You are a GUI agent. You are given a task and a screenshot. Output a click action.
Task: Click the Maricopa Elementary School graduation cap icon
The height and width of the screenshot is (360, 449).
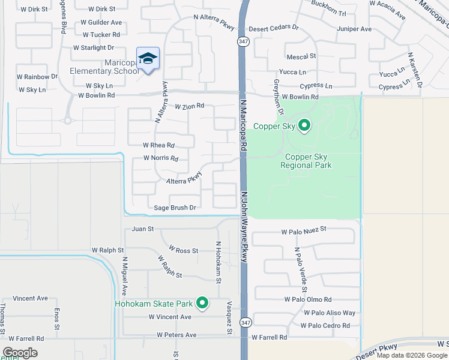click(148, 59)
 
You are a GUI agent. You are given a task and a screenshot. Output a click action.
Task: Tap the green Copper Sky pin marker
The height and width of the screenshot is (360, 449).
click(304, 125)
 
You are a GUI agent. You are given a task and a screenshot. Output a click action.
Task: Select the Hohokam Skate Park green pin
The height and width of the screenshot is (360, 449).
click(202, 303)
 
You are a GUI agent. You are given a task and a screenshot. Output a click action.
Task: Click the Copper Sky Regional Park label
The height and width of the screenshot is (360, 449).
click(306, 161)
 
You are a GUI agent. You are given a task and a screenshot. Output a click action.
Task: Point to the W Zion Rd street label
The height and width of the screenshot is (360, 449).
click(190, 106)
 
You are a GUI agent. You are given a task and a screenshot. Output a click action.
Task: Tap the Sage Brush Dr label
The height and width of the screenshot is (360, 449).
click(175, 208)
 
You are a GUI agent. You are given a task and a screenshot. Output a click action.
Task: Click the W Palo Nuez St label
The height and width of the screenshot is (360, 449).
click(303, 229)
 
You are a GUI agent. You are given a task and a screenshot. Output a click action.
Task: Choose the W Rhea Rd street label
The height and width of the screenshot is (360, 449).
click(158, 145)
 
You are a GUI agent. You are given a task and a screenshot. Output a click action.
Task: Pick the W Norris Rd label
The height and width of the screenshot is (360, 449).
click(161, 158)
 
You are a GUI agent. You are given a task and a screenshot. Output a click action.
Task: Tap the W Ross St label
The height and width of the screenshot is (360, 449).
click(183, 250)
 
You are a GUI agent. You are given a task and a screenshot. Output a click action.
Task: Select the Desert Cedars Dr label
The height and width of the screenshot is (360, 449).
click(274, 28)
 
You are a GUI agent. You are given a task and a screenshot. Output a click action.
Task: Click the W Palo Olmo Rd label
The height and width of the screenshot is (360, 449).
click(307, 299)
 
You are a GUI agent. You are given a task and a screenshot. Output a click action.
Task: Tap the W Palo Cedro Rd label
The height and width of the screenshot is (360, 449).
click(325, 326)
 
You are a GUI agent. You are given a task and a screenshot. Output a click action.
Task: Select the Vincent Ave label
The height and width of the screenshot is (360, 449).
click(30, 298)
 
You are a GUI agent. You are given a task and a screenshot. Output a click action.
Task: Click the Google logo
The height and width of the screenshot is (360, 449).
click(20, 353)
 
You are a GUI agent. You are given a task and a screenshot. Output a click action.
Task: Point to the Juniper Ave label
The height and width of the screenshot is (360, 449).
click(354, 29)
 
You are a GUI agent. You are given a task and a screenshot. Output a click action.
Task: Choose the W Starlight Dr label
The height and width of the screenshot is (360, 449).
click(93, 47)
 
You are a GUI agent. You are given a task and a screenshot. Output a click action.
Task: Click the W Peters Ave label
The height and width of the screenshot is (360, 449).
click(176, 335)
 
